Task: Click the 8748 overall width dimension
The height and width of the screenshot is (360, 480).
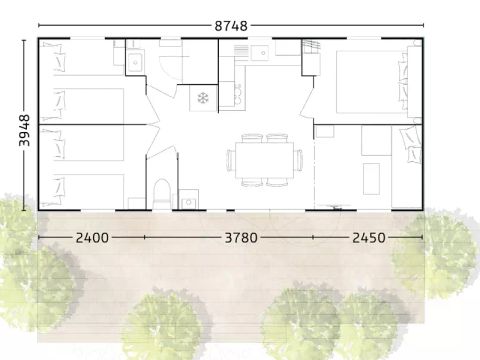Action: tap(230, 25)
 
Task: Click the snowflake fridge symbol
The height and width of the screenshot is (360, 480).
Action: tap(202, 99)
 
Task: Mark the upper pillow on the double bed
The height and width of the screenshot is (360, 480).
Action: tap(408, 60)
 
